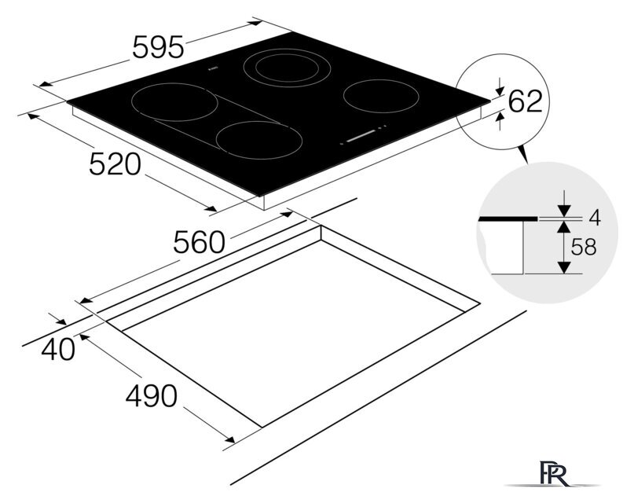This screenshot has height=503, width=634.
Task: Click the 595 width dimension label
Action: coord(158,47)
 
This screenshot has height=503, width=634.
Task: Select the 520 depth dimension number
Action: coord(115,164)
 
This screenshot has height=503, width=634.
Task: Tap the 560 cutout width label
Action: coord(199,242)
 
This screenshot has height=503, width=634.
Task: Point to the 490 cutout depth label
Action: coord(151,395)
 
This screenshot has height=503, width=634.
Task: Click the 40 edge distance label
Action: coord(58,349)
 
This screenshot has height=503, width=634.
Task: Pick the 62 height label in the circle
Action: coord(525,101)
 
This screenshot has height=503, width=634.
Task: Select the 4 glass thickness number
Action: coord(595,218)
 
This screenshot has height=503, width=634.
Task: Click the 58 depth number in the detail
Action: coord(584,247)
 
